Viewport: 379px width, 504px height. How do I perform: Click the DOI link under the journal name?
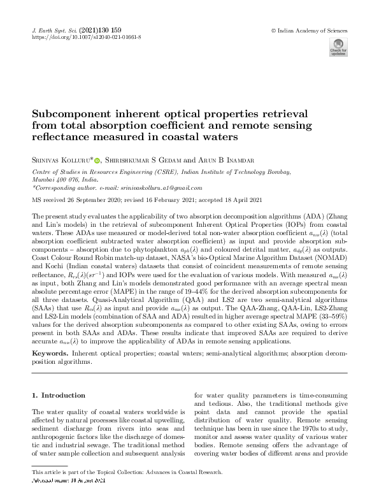pyautogui.click(x=86, y=38)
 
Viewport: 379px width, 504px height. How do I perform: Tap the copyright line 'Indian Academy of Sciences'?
pyautogui.click(x=311, y=30)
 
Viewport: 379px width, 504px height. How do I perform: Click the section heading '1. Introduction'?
pyautogui.click(x=59, y=395)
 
